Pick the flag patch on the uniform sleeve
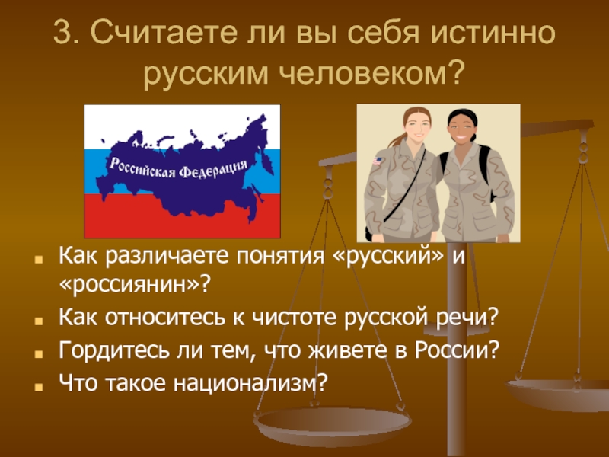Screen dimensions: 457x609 tap(378, 161)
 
